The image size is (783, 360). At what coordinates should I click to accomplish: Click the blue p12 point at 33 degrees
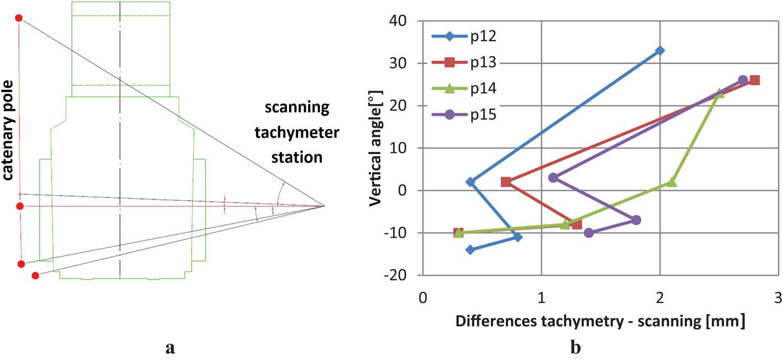pos(660,50)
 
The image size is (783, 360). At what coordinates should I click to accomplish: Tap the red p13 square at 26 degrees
pos(755,80)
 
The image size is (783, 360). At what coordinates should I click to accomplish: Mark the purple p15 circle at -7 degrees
pos(636,220)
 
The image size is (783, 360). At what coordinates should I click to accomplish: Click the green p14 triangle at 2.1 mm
pos(672,182)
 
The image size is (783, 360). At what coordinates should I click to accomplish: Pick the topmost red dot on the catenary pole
pos(19,18)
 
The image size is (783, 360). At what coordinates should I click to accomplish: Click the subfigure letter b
pos(576,347)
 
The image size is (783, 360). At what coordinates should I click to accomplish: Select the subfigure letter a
pos(170,347)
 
